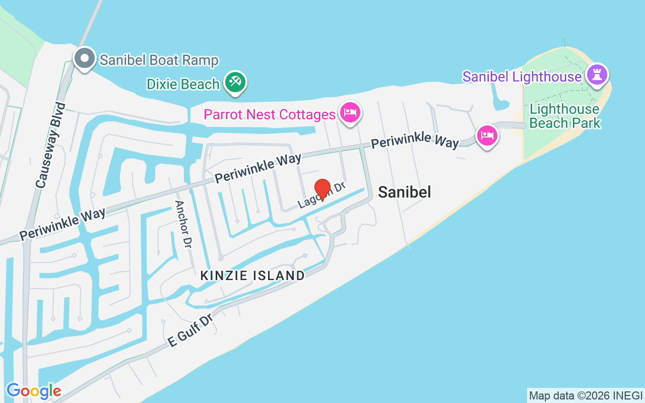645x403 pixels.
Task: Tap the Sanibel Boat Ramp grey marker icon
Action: pyautogui.click(x=85, y=59)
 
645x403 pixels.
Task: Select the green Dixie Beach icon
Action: pyautogui.click(x=235, y=82)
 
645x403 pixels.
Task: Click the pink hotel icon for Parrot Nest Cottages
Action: pyautogui.click(x=350, y=112)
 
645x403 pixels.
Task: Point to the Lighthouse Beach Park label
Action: pyautogui.click(x=565, y=116)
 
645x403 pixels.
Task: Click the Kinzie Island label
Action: pyautogui.click(x=252, y=276)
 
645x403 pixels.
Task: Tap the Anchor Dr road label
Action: pyautogui.click(x=183, y=224)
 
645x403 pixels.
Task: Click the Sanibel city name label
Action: pyautogui.click(x=404, y=192)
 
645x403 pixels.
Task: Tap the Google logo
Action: pyautogui.click(x=34, y=391)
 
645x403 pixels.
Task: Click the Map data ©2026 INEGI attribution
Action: pyautogui.click(x=586, y=395)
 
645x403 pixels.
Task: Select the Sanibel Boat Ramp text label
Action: pyautogui.click(x=159, y=60)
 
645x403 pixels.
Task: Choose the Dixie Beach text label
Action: pyautogui.click(x=183, y=84)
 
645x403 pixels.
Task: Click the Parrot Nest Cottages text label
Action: pyautogui.click(x=270, y=114)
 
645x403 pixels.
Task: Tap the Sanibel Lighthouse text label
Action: pyautogui.click(x=522, y=77)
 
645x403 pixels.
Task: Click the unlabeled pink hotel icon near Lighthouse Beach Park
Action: pyautogui.click(x=487, y=135)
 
